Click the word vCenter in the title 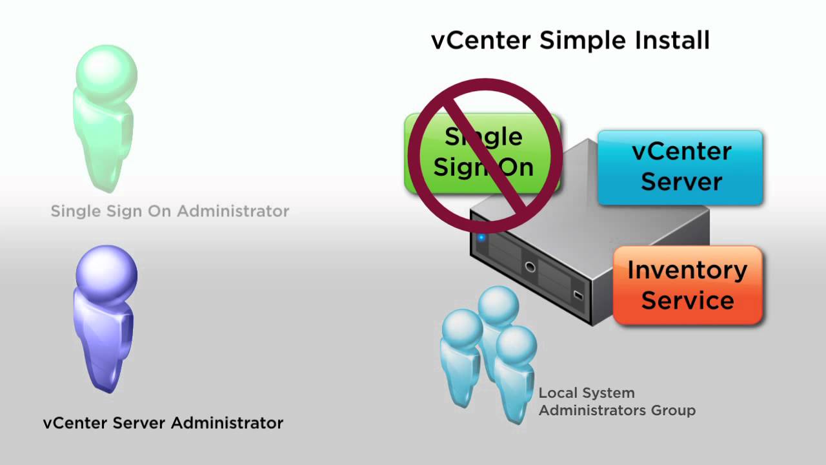(x=481, y=40)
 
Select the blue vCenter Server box (x=681, y=167)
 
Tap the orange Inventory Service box (x=687, y=285)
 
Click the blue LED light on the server (x=481, y=238)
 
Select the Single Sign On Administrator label (x=170, y=211)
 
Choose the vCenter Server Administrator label (x=163, y=424)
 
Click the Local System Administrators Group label (x=616, y=401)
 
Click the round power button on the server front (x=530, y=267)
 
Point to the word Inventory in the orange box (x=687, y=270)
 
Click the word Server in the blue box (x=681, y=181)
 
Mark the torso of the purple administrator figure (x=103, y=336)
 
